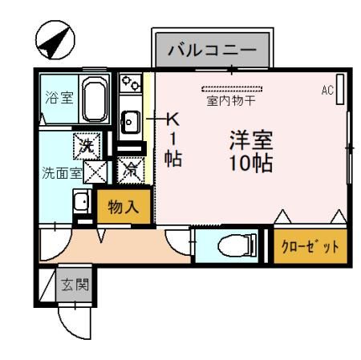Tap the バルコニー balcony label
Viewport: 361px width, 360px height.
pyautogui.click(x=212, y=51)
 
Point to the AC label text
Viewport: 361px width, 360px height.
pyautogui.click(x=327, y=90)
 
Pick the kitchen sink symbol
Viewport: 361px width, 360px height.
pyautogui.click(x=131, y=122)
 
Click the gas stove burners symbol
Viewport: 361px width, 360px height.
pyautogui.click(x=131, y=83)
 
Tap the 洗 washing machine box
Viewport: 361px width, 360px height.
pyautogui.click(x=86, y=145)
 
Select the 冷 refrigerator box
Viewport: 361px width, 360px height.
pyautogui.click(x=129, y=170)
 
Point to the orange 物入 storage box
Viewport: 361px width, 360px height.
pyautogui.click(x=124, y=206)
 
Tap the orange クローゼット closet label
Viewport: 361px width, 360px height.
pyautogui.click(x=310, y=246)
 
